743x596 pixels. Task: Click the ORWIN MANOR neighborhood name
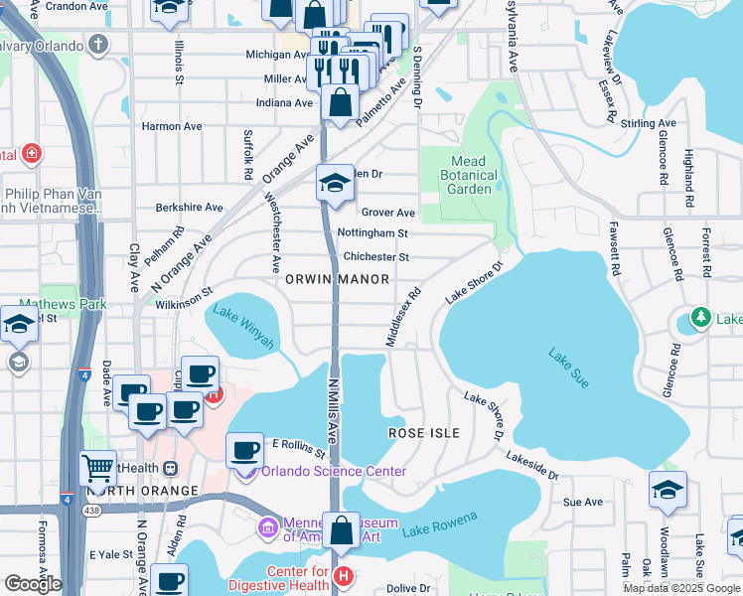point(338,279)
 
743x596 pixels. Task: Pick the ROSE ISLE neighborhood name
point(424,433)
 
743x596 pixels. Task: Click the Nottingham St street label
point(372,233)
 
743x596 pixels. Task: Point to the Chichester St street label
point(375,256)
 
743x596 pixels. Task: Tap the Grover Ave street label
point(387,213)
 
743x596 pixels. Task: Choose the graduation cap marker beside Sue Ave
point(668,490)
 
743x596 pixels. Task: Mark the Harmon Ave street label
point(172,126)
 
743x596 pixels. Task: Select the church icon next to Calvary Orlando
point(97,45)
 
